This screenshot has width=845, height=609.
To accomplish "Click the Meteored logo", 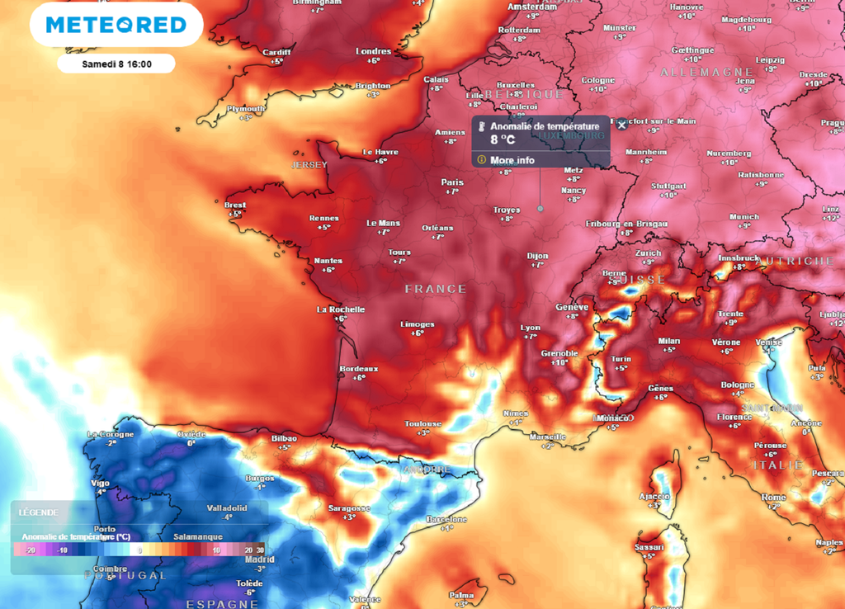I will coord(116,25).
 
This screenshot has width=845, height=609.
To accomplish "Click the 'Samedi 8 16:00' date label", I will coord(116,64).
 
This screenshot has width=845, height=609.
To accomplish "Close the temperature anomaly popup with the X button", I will coord(621,125).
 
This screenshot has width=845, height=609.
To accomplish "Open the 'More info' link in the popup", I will coord(512,160).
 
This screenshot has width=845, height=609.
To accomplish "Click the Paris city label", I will coord(452,182).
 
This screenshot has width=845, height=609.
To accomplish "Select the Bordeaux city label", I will coord(359,369).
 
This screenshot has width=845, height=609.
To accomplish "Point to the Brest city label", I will coord(235,205).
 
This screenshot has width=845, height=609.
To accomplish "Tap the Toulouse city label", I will coord(422,424).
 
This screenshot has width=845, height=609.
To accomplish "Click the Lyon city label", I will coord(531,328).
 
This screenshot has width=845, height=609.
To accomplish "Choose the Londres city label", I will coord(373,51).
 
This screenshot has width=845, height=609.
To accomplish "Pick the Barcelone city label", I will coord(446,519).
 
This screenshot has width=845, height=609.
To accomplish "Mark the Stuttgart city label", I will coord(668,186).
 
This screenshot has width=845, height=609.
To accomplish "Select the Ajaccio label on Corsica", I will coord(654,496).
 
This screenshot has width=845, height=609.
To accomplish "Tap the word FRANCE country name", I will coord(436,289).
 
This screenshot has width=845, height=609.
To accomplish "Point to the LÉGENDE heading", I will coord(38,512).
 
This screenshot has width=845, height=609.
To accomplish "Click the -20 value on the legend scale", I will coord(30,550).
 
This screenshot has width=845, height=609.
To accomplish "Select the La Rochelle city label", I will coord(341,309).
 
